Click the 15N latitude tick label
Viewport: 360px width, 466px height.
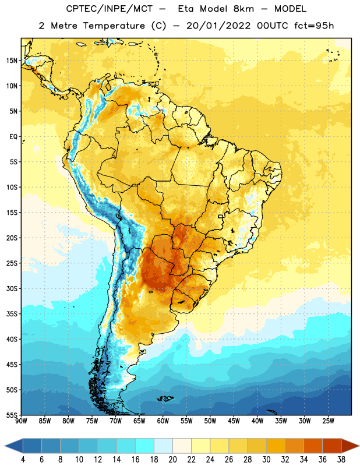coord(12,61)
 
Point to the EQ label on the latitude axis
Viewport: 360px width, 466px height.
coord(13,137)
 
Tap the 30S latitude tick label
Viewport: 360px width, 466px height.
coord(12,288)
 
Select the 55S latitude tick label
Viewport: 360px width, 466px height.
coord(12,415)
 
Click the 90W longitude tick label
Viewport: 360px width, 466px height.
coord(21,421)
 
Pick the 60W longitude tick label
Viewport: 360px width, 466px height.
coord(163,421)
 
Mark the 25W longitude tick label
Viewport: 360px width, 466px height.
coord(328,421)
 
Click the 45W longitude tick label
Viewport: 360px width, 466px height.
coord(234,421)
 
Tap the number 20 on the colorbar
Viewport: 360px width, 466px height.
coord(172,460)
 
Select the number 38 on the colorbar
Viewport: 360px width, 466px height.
coord(341,460)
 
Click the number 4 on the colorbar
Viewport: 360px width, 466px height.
coord(23,460)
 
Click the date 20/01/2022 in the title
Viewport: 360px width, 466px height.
coord(218,26)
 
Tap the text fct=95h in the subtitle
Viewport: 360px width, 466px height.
coord(314,26)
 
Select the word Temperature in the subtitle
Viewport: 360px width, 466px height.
coord(114,26)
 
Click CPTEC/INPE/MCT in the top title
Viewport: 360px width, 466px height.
coord(109,9)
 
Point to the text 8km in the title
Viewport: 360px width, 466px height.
coord(243,9)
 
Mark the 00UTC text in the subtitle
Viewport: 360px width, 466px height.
coord(273,26)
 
